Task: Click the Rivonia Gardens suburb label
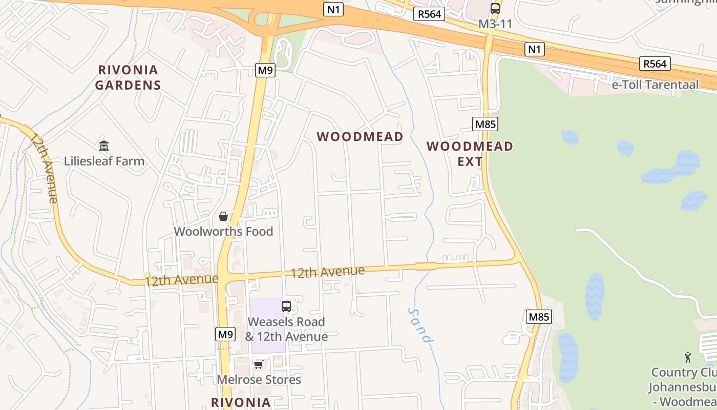click(x=128, y=77)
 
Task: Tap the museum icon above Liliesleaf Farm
click(x=104, y=146)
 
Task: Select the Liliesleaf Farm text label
click(x=104, y=161)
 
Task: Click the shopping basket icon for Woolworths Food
click(x=223, y=216)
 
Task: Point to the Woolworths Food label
click(x=223, y=231)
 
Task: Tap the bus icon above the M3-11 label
click(x=495, y=9)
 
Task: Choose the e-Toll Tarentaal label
click(x=655, y=85)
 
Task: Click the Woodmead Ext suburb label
click(x=470, y=154)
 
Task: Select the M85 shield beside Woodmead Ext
click(x=486, y=124)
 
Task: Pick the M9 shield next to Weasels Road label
click(x=225, y=335)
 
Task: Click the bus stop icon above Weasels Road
click(x=286, y=306)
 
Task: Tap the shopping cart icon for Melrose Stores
click(x=259, y=364)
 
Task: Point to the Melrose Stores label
click(x=259, y=380)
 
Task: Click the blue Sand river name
click(x=421, y=324)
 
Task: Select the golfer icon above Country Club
click(x=688, y=357)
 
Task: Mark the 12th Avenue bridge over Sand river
click(x=426, y=265)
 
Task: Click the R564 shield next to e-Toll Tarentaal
click(x=655, y=64)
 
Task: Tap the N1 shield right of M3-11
click(x=534, y=49)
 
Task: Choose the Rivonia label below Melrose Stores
click(x=241, y=402)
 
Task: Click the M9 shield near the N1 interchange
click(x=265, y=70)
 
